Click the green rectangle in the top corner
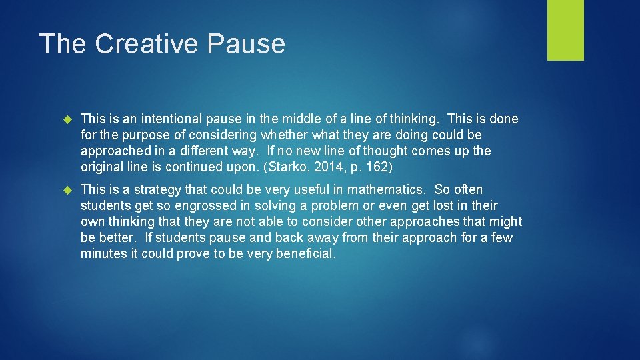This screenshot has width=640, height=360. click(x=565, y=30)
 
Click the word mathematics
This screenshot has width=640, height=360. click(x=384, y=190)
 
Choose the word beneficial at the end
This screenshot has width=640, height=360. click(x=304, y=254)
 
